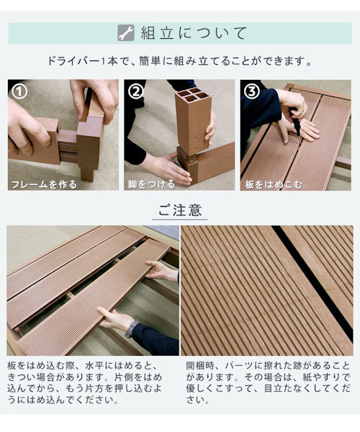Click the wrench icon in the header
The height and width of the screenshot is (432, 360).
[125, 33]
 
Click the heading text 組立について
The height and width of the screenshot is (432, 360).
[194, 33]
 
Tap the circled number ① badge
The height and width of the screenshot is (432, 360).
[19, 91]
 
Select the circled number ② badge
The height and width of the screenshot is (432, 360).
[136, 91]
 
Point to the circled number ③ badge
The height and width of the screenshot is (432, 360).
[252, 91]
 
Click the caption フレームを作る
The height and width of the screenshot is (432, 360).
[44, 184]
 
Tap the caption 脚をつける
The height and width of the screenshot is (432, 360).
[151, 184]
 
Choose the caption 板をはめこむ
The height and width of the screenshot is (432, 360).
[274, 184]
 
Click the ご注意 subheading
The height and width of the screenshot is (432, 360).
[180, 210]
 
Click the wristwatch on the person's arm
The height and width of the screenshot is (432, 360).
[131, 328]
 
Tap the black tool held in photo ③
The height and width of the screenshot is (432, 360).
[294, 122]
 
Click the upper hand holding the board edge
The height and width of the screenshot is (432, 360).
[162, 271]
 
